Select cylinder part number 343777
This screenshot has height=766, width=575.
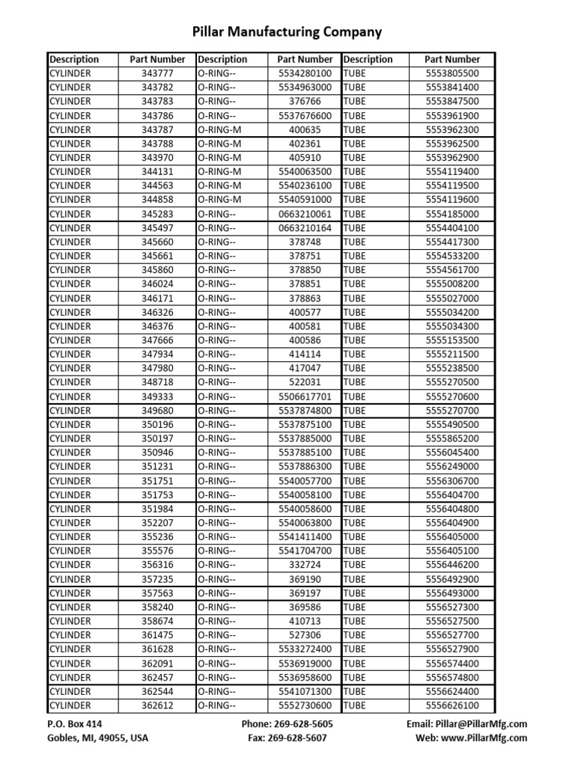157,73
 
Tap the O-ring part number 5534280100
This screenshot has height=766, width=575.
305,73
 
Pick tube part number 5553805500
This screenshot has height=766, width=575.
452,73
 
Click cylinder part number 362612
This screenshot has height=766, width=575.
157,705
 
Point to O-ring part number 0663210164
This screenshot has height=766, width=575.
305,227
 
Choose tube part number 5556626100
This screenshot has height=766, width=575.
452,705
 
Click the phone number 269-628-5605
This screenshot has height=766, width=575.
304,724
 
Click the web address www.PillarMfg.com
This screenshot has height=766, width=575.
489,738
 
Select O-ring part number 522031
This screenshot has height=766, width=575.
305,382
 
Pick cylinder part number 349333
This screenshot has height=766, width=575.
157,396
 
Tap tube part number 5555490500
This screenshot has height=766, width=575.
452,425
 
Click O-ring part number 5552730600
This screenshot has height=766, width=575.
305,705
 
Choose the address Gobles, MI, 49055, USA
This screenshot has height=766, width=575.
98,738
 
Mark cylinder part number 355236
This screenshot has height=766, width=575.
157,537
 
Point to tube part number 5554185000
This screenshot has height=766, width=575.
452,214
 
